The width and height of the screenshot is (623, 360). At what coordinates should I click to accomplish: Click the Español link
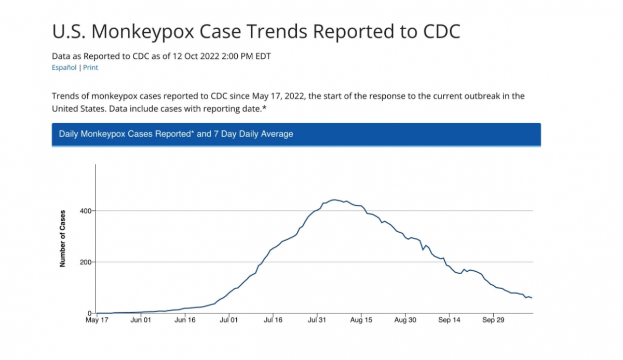[64, 68]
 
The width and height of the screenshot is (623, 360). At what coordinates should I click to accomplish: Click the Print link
[90, 68]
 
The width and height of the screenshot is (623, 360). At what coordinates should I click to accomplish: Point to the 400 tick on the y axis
[86, 211]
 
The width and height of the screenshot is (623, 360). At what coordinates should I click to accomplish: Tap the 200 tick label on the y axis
[86, 262]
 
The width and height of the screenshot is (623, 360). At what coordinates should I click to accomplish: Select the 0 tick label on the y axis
[90, 313]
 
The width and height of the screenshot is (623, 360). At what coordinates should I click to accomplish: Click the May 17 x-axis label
[97, 321]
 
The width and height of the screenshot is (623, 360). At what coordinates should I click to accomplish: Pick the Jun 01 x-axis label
[141, 321]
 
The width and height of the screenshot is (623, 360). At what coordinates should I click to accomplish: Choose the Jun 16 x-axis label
[185, 321]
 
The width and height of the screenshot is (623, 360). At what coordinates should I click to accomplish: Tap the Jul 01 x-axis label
[229, 321]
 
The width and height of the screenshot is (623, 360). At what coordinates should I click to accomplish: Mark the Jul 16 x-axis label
[273, 321]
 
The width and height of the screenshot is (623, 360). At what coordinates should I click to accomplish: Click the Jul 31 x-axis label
[317, 321]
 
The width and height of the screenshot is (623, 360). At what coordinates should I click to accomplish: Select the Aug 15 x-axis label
[361, 321]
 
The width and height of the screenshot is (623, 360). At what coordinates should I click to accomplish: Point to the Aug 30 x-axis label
[405, 321]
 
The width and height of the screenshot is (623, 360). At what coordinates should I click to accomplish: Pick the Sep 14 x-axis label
[450, 321]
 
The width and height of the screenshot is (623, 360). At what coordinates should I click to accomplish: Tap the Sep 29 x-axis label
[494, 321]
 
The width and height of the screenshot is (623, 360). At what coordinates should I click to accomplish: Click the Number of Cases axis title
[63, 238]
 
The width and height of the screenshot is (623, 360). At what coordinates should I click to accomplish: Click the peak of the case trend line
[334, 199]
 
